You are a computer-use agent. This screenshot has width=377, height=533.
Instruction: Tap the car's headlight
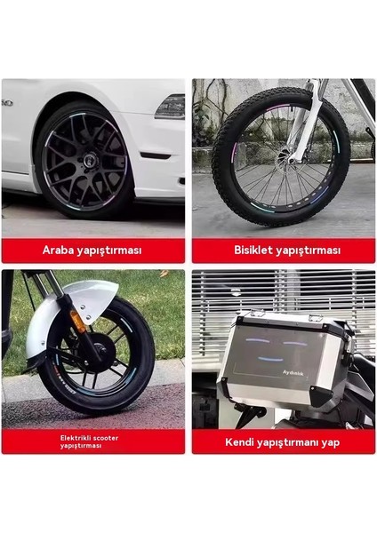point(170,107)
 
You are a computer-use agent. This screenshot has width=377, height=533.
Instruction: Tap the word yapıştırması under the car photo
point(111,251)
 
